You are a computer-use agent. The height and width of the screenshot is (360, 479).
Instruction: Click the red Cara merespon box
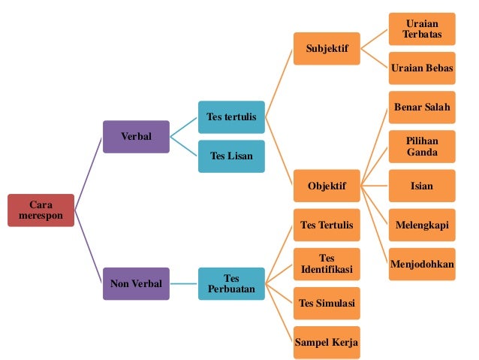click(x=41, y=210)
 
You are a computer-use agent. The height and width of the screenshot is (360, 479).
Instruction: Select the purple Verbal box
click(x=136, y=137)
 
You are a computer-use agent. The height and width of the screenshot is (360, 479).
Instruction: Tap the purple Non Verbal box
click(x=136, y=283)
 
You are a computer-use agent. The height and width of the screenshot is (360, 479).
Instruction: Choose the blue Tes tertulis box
click(x=231, y=117)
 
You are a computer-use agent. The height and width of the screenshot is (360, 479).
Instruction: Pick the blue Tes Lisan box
click(x=231, y=156)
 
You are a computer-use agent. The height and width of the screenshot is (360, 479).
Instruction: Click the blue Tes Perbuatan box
click(x=231, y=283)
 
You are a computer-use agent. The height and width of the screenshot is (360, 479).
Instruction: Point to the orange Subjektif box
click(x=327, y=49)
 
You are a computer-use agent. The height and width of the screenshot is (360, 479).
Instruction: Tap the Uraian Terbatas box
click(x=422, y=29)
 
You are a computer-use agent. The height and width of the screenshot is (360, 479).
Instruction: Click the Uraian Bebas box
click(x=422, y=68)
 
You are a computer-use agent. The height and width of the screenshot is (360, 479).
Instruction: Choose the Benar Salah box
click(x=422, y=107)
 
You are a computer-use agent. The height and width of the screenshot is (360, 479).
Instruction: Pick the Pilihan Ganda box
click(x=422, y=147)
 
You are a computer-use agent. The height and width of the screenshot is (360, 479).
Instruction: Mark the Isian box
click(x=422, y=186)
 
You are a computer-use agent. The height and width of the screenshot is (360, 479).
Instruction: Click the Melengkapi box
click(x=422, y=225)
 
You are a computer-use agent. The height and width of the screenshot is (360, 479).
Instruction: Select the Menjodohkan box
click(x=422, y=264)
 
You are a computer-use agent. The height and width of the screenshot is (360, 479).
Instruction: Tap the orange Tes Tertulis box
click(x=327, y=225)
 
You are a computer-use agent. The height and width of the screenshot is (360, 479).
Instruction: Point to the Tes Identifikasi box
click(x=327, y=264)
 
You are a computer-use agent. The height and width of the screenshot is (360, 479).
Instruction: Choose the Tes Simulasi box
click(x=327, y=303)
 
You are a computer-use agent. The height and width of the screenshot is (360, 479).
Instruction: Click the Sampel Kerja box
click(x=327, y=342)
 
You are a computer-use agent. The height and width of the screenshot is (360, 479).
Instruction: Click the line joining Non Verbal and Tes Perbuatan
click(x=184, y=283)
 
